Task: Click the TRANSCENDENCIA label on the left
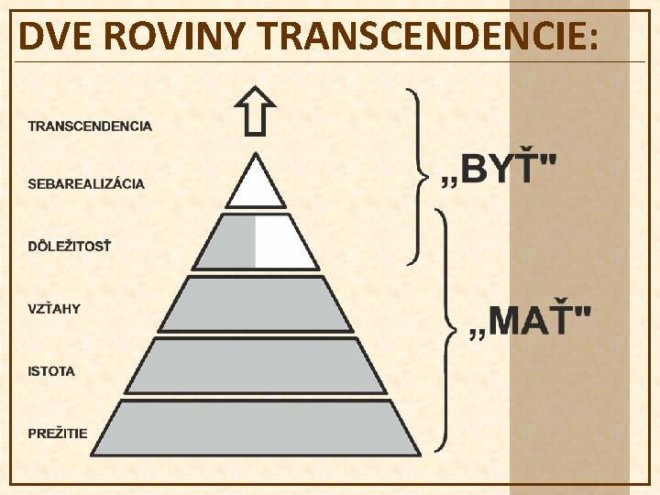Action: pos(90,126)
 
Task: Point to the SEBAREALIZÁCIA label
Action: pos(86,183)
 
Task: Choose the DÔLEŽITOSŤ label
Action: pos(69,246)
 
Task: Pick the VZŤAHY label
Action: pos(54,309)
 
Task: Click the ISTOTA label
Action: pos(51,371)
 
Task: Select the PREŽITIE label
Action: pos(58,433)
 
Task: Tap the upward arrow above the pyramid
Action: pos(256,111)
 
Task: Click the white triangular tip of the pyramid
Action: pos(256,186)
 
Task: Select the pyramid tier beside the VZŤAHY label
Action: pos(256,304)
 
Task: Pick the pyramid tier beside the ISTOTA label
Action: pos(256,366)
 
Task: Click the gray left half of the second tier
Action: pos(229,243)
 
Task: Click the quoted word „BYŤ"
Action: pos(500,170)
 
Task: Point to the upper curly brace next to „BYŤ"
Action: pos(418,174)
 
